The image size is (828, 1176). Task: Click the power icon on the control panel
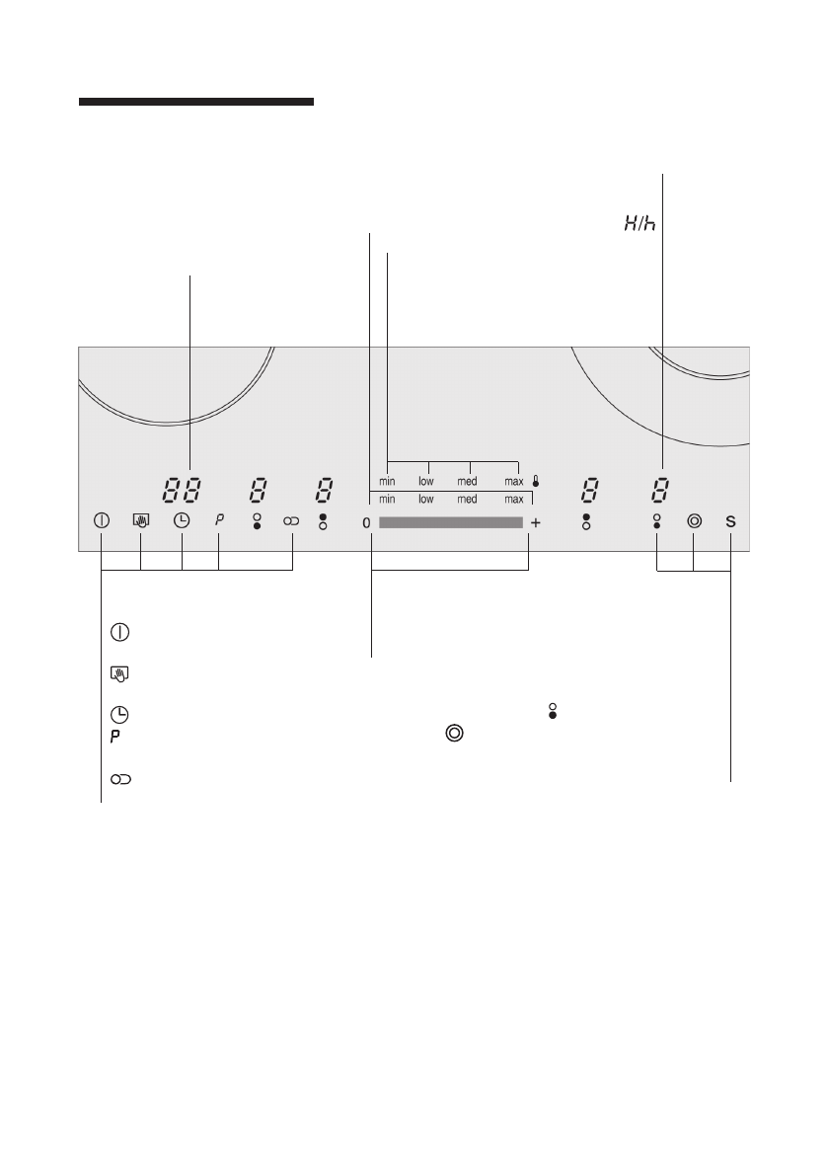(102, 519)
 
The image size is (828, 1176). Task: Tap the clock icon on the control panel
(182, 519)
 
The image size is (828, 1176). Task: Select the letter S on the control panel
(730, 521)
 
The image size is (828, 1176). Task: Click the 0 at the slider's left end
(366, 522)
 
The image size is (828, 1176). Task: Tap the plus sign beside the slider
(535, 522)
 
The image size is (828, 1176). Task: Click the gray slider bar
(451, 522)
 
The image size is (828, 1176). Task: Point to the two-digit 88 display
(183, 492)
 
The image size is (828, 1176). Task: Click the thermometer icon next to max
(535, 481)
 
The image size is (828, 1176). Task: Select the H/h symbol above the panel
(640, 223)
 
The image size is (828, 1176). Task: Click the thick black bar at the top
(196, 102)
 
